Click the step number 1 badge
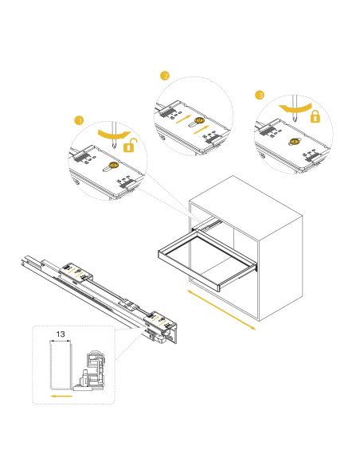coord(78,120)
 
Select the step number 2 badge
coord(165,76)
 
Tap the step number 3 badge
coord(260,94)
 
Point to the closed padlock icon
coord(315,117)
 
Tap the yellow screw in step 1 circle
coord(113,166)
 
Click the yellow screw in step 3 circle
coord(294,142)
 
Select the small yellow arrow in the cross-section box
coord(57,392)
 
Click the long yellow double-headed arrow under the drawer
coord(221,309)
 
